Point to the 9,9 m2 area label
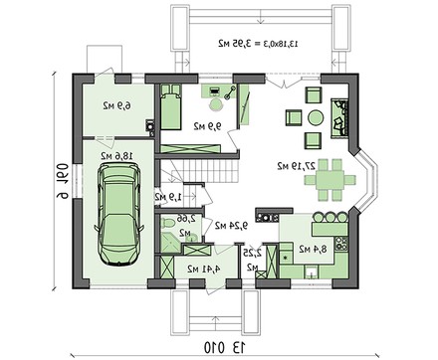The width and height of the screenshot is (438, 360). [x=206, y=125]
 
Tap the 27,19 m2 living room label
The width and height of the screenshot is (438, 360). [x=296, y=163]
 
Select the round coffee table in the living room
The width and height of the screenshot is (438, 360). [x=315, y=117]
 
